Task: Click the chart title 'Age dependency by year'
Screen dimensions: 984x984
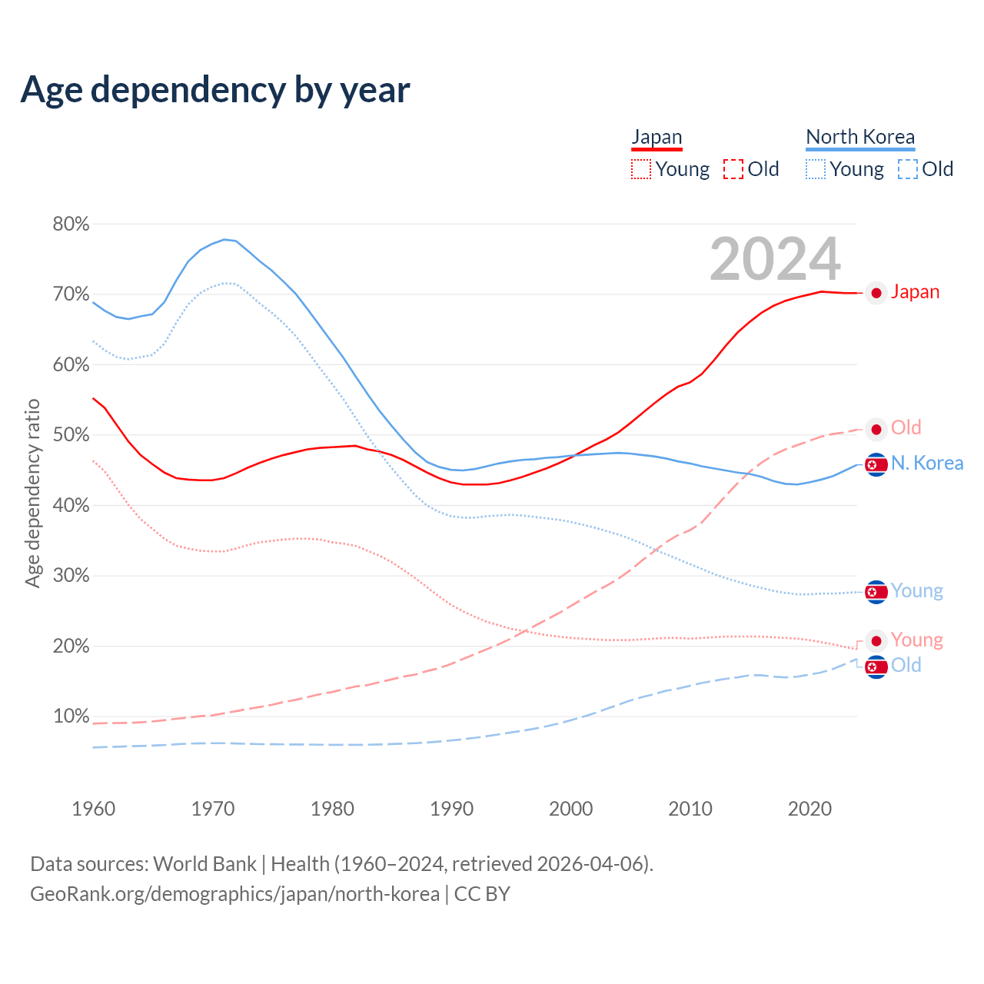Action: click(x=215, y=89)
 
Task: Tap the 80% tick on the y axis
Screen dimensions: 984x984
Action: click(x=71, y=224)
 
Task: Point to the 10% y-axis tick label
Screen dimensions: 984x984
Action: click(x=71, y=716)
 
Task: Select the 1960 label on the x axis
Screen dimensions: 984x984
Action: click(x=93, y=809)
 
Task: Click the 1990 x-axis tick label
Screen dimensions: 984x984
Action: click(x=451, y=809)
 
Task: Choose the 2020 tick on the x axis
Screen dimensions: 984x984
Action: click(x=809, y=809)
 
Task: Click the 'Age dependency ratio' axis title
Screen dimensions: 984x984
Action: click(x=32, y=493)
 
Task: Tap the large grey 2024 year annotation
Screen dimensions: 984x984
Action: click(x=775, y=259)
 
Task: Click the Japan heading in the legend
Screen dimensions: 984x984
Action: click(x=657, y=137)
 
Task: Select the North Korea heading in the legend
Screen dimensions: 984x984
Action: click(x=860, y=137)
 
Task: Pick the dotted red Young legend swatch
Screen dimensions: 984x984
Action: click(x=641, y=169)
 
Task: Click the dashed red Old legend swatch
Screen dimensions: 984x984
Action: click(x=733, y=169)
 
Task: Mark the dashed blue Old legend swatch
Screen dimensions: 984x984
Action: click(x=908, y=169)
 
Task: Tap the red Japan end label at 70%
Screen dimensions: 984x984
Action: click(x=915, y=292)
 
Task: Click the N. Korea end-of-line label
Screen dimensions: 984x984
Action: click(x=926, y=464)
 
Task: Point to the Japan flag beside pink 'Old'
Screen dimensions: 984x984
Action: click(x=876, y=429)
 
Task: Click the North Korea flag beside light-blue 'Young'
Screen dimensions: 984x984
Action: click(x=876, y=591)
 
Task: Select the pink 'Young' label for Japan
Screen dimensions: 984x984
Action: click(x=916, y=640)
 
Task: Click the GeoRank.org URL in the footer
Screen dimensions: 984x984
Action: click(x=234, y=894)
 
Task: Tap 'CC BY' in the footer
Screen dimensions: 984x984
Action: click(x=482, y=894)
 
